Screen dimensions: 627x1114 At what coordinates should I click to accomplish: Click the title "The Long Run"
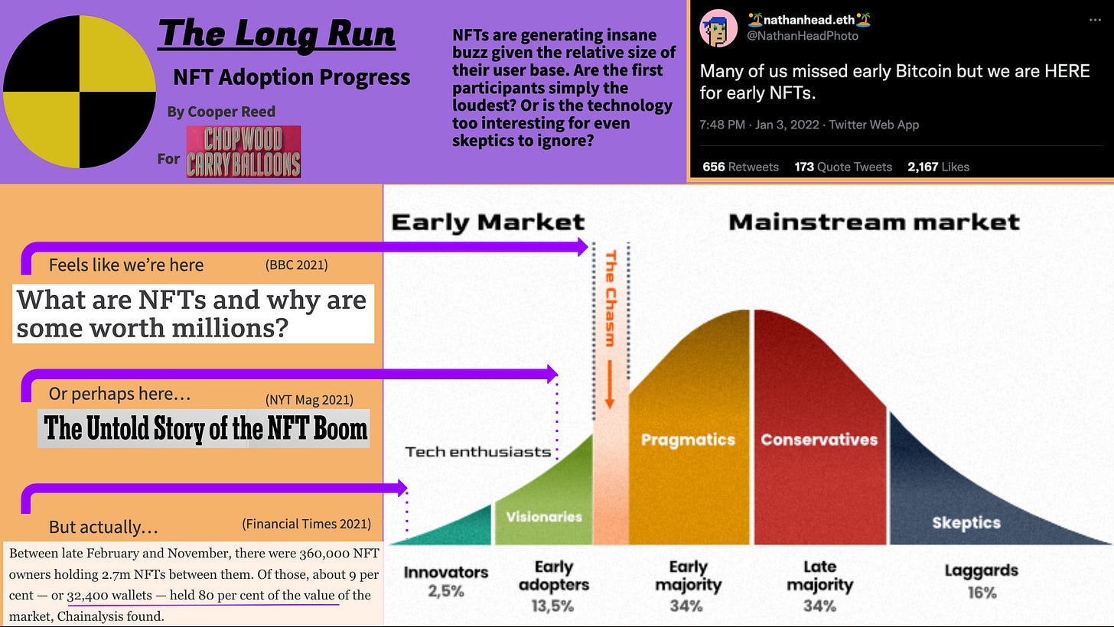pos(276,34)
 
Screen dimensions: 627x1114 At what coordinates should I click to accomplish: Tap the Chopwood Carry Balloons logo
pos(243,151)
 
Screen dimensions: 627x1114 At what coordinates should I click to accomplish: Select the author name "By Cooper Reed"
pos(221,112)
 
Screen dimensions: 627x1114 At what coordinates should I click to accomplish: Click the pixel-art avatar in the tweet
pos(718,28)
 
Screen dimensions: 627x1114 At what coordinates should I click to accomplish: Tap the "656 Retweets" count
pos(740,167)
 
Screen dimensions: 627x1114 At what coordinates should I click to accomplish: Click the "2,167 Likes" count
pos(938,167)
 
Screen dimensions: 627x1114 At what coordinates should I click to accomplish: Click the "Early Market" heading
pos(488,223)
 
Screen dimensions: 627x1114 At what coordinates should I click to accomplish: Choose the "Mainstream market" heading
pos(874,223)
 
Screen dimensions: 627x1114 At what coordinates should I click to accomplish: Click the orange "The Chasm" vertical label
pos(611,298)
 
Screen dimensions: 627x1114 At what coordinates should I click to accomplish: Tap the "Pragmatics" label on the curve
pos(688,440)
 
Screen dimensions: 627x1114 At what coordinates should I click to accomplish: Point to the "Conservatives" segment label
pos(819,440)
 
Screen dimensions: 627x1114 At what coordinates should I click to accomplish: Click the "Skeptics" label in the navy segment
pos(966,523)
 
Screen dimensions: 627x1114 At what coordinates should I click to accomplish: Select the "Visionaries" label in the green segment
pos(544,517)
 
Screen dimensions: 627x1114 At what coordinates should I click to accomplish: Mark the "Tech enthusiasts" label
pos(478,451)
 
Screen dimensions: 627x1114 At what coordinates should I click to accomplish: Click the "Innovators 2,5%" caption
pos(445,581)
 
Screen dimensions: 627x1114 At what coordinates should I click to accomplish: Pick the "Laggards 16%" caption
pos(981,581)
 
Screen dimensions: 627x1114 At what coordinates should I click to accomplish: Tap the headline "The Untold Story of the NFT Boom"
pos(205,428)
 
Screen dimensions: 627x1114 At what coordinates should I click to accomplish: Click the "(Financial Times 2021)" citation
pos(306,524)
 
